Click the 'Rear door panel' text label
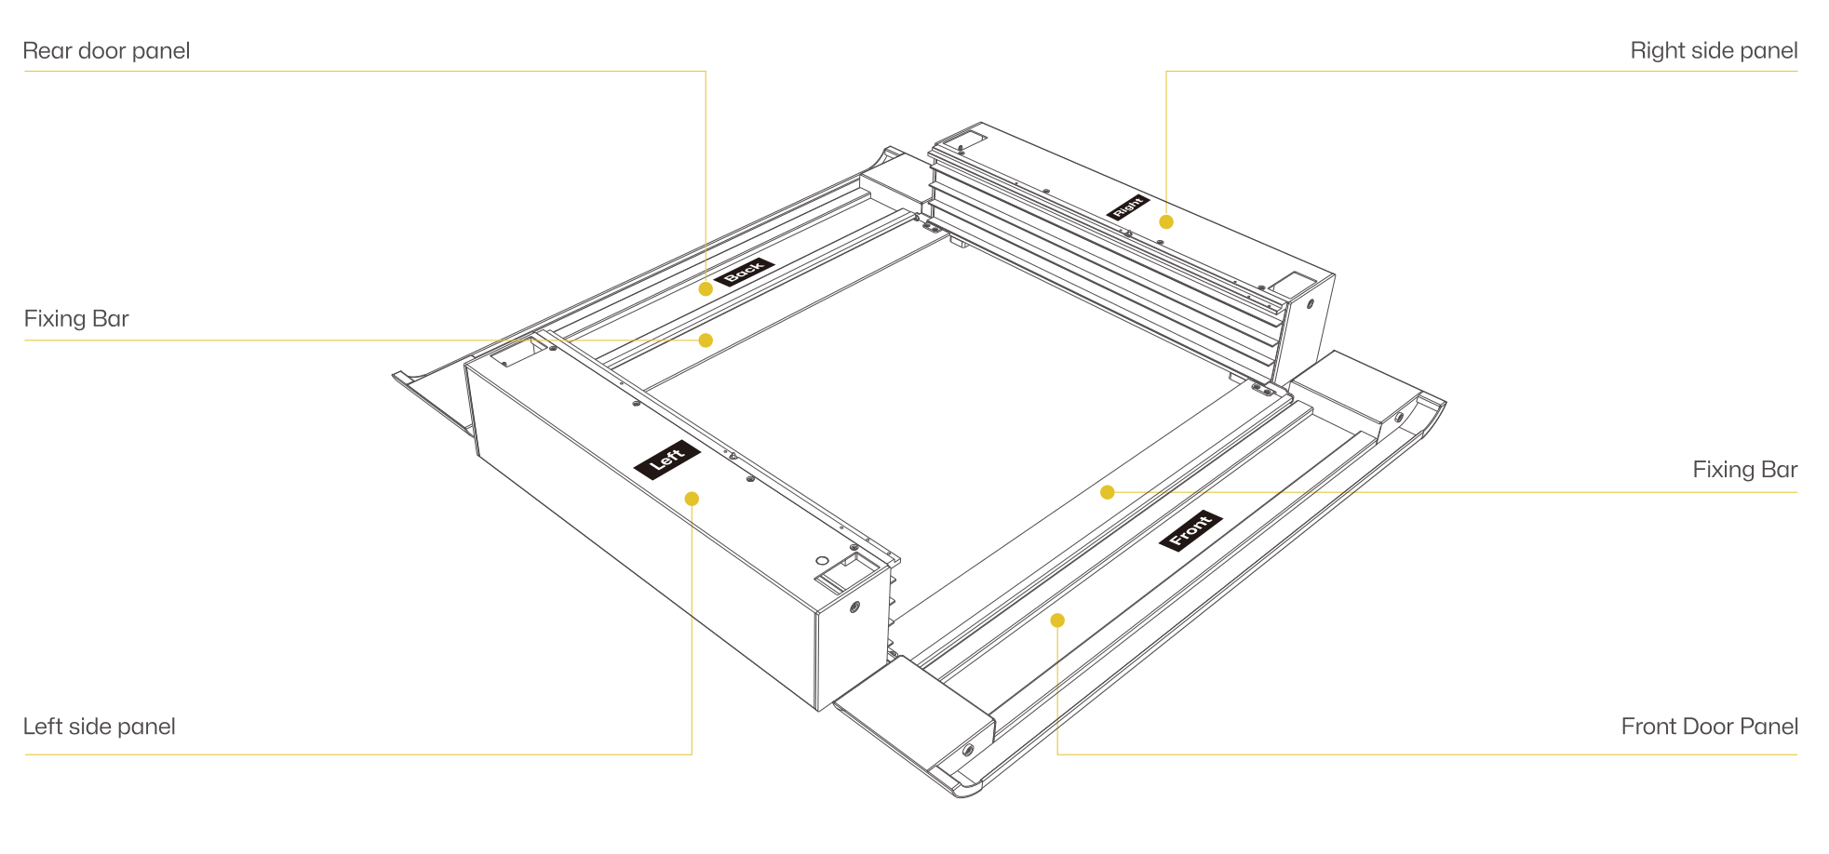(x=106, y=50)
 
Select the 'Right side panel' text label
(x=1714, y=51)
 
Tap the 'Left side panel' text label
(x=99, y=727)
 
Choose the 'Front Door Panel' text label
(x=1709, y=727)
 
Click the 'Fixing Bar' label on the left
(x=76, y=319)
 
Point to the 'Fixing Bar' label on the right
(x=1744, y=470)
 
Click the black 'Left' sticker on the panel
(x=667, y=460)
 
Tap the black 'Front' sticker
(x=1190, y=530)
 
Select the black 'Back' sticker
(x=744, y=272)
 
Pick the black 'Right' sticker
(x=1128, y=207)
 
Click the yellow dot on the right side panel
(x=1166, y=221)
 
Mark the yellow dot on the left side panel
(x=692, y=499)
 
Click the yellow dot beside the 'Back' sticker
(x=706, y=288)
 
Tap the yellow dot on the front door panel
(x=1057, y=620)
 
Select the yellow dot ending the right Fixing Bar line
(x=1108, y=492)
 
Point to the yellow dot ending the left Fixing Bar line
(x=706, y=340)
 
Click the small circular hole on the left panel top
(x=822, y=561)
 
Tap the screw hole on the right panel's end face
(x=1311, y=304)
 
